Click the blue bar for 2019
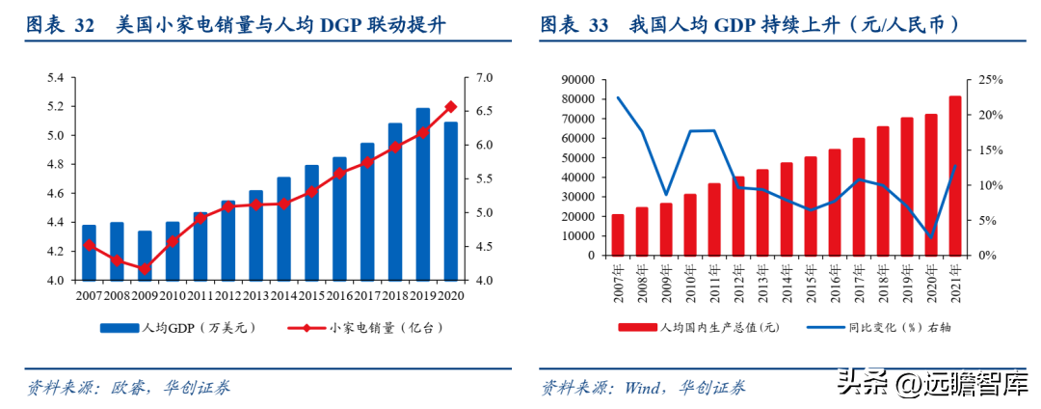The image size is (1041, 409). [423, 194]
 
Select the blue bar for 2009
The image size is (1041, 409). [145, 256]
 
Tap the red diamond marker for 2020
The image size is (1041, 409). [450, 107]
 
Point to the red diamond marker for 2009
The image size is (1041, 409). [145, 269]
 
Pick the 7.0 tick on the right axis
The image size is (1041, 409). [484, 77]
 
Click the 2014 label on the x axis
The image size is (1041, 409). [284, 294]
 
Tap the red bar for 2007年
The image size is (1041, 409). [618, 234]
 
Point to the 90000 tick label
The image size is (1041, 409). [577, 80]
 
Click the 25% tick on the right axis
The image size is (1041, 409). [992, 80]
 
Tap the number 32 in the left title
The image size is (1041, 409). [84, 26]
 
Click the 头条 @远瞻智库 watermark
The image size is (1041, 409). [925, 383]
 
